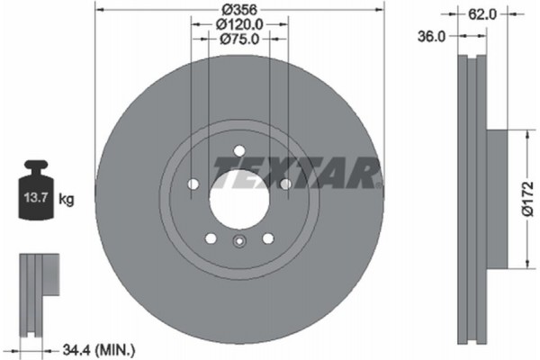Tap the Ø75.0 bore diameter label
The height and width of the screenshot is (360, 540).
point(239,39)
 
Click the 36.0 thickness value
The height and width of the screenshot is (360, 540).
point(435,36)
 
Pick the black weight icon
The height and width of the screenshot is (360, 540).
point(35,191)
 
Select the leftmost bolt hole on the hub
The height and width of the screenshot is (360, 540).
point(193,184)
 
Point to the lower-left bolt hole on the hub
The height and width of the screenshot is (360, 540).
point(211,238)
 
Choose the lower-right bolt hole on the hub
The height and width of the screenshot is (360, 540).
point(267,238)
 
